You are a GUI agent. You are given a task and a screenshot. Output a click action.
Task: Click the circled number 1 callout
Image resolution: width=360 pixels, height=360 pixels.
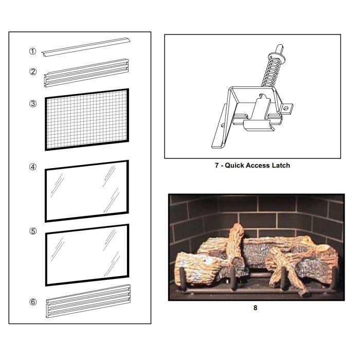[x=32, y=51]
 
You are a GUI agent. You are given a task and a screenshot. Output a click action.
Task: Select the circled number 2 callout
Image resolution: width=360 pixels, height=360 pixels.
[x=33, y=71]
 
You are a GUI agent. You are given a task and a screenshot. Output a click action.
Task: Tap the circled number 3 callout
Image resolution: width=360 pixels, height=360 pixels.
[x=33, y=103]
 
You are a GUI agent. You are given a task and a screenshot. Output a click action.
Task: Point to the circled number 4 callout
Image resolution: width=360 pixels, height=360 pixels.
[x=33, y=167]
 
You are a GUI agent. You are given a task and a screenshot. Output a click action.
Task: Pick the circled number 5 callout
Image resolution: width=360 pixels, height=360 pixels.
[x=33, y=231]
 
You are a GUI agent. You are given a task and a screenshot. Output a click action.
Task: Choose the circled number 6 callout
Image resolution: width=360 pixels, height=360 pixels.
[x=33, y=302]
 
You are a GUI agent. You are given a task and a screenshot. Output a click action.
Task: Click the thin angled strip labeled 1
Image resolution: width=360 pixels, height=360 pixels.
[x=86, y=47]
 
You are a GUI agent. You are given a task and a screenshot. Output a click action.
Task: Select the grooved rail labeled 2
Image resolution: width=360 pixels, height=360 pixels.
[x=86, y=73]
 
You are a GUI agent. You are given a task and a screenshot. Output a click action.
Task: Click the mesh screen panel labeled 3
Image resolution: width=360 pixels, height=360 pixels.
[x=87, y=119]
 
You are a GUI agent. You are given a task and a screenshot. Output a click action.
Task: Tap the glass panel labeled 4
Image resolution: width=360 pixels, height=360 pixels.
[x=87, y=191]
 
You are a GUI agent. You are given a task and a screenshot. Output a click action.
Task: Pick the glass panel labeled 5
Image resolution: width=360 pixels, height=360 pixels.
[x=87, y=255]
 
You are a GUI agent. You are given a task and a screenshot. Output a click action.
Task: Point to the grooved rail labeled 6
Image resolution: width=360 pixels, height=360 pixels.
[x=88, y=301]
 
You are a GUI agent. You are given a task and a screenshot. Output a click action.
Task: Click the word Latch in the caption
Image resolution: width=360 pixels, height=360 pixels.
[x=281, y=165]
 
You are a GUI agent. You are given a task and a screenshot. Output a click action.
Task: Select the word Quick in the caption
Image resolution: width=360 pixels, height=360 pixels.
[x=233, y=165]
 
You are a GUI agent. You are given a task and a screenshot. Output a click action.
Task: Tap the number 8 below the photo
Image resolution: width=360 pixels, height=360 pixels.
[x=255, y=308]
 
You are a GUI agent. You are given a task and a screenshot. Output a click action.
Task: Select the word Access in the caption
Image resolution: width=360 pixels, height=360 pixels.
[x=257, y=165]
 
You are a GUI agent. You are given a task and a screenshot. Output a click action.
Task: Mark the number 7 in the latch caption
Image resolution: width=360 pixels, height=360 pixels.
[x=217, y=165]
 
